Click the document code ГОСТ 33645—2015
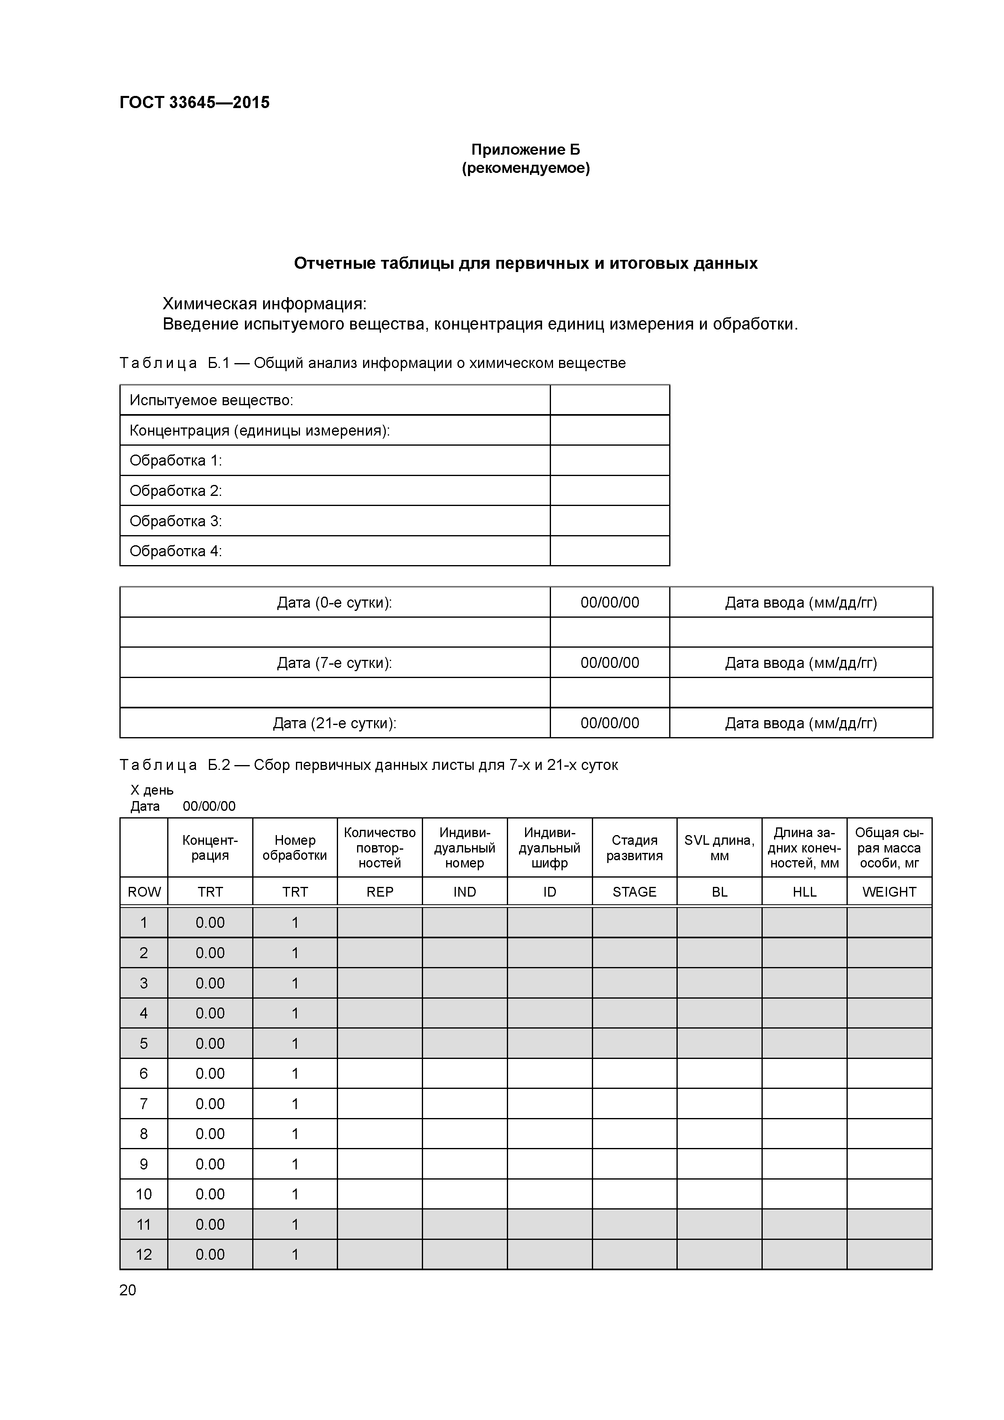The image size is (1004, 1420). click(194, 103)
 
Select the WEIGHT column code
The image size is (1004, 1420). click(889, 892)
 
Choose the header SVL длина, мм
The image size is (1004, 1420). click(719, 848)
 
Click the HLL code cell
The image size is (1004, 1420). click(804, 892)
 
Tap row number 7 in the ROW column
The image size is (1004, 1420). click(144, 1104)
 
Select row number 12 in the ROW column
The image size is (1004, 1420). click(144, 1254)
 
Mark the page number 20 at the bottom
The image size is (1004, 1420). click(128, 1290)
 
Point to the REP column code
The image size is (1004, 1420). click(379, 892)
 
